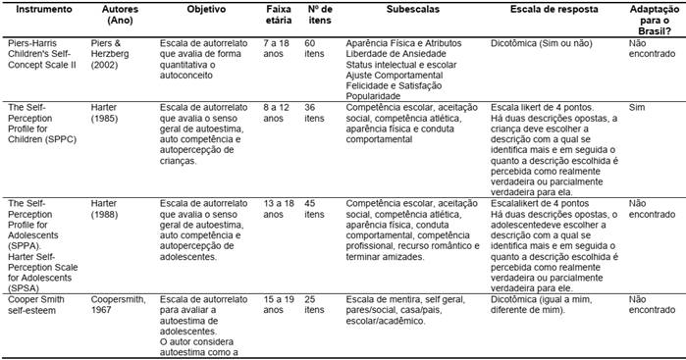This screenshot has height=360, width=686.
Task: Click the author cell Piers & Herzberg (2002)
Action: (x=121, y=80)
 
